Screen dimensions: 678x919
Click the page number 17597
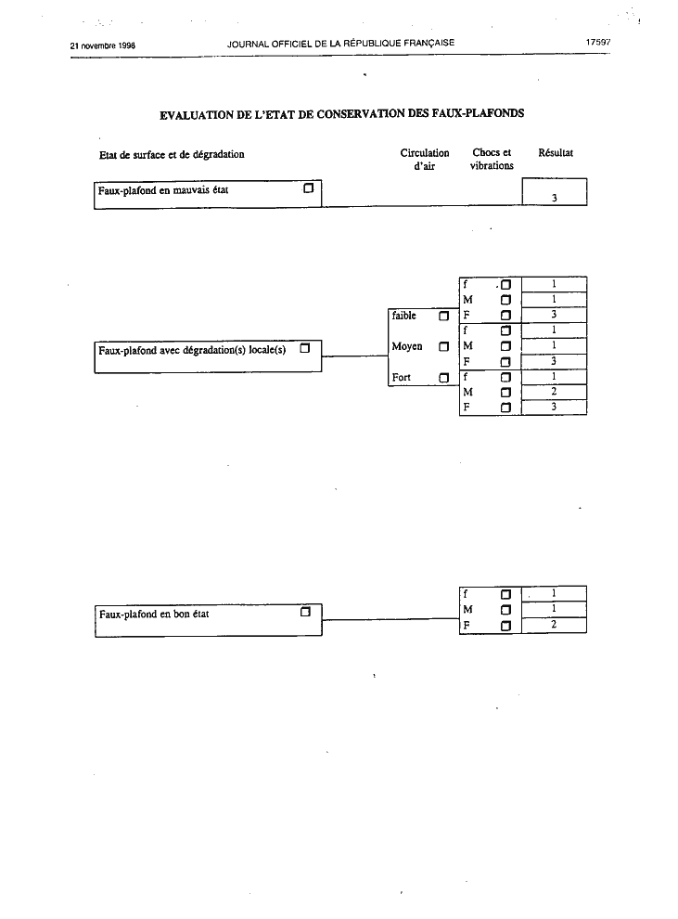click(x=598, y=42)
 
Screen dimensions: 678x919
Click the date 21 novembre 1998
click(x=102, y=45)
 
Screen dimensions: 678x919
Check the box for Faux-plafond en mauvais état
click(x=309, y=188)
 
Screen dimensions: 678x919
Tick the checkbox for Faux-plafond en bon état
click(x=305, y=612)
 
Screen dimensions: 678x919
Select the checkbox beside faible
click(x=443, y=316)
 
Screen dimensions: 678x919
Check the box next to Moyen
click(x=443, y=346)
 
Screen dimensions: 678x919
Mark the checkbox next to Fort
click(x=443, y=378)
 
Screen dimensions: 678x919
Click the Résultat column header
click(x=556, y=153)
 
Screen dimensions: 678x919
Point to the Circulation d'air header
click(x=425, y=160)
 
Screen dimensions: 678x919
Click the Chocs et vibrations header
click(x=492, y=159)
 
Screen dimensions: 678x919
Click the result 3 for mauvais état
click(x=554, y=198)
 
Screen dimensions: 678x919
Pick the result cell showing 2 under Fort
click(x=554, y=392)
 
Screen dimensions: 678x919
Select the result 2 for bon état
click(x=554, y=624)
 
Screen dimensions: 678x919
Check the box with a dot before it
click(x=505, y=285)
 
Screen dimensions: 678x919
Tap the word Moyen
click(x=407, y=346)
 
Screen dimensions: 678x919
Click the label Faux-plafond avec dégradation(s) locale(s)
click(x=192, y=351)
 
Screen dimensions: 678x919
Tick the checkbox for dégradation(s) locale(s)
click(x=305, y=348)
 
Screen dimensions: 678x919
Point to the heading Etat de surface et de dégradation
click(x=172, y=155)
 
